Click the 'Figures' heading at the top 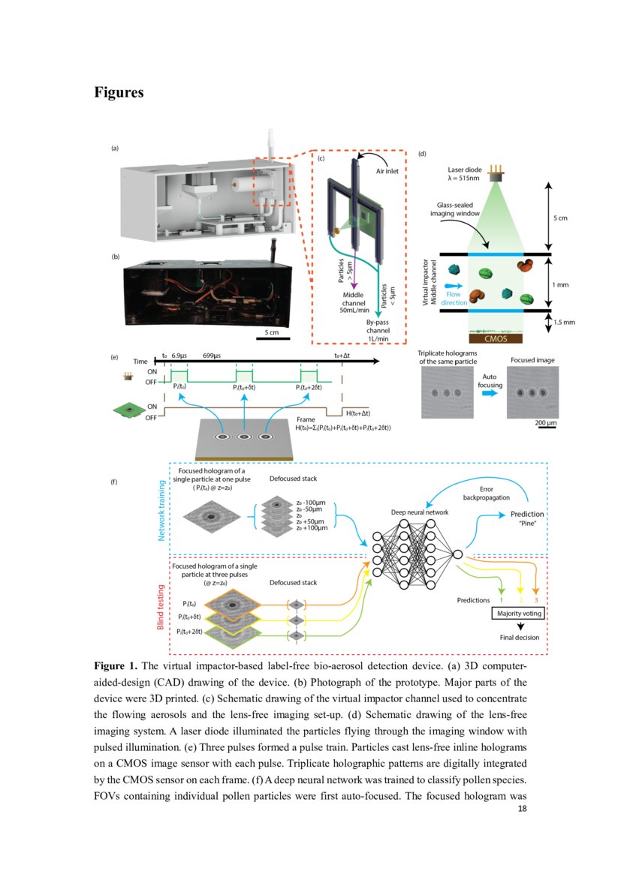119,92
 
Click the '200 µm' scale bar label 544,423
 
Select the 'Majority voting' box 517,614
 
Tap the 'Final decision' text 519,638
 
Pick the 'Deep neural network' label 419,512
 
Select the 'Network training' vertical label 161,511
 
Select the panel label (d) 422,154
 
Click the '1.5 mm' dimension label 564,322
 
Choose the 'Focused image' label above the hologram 532,360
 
